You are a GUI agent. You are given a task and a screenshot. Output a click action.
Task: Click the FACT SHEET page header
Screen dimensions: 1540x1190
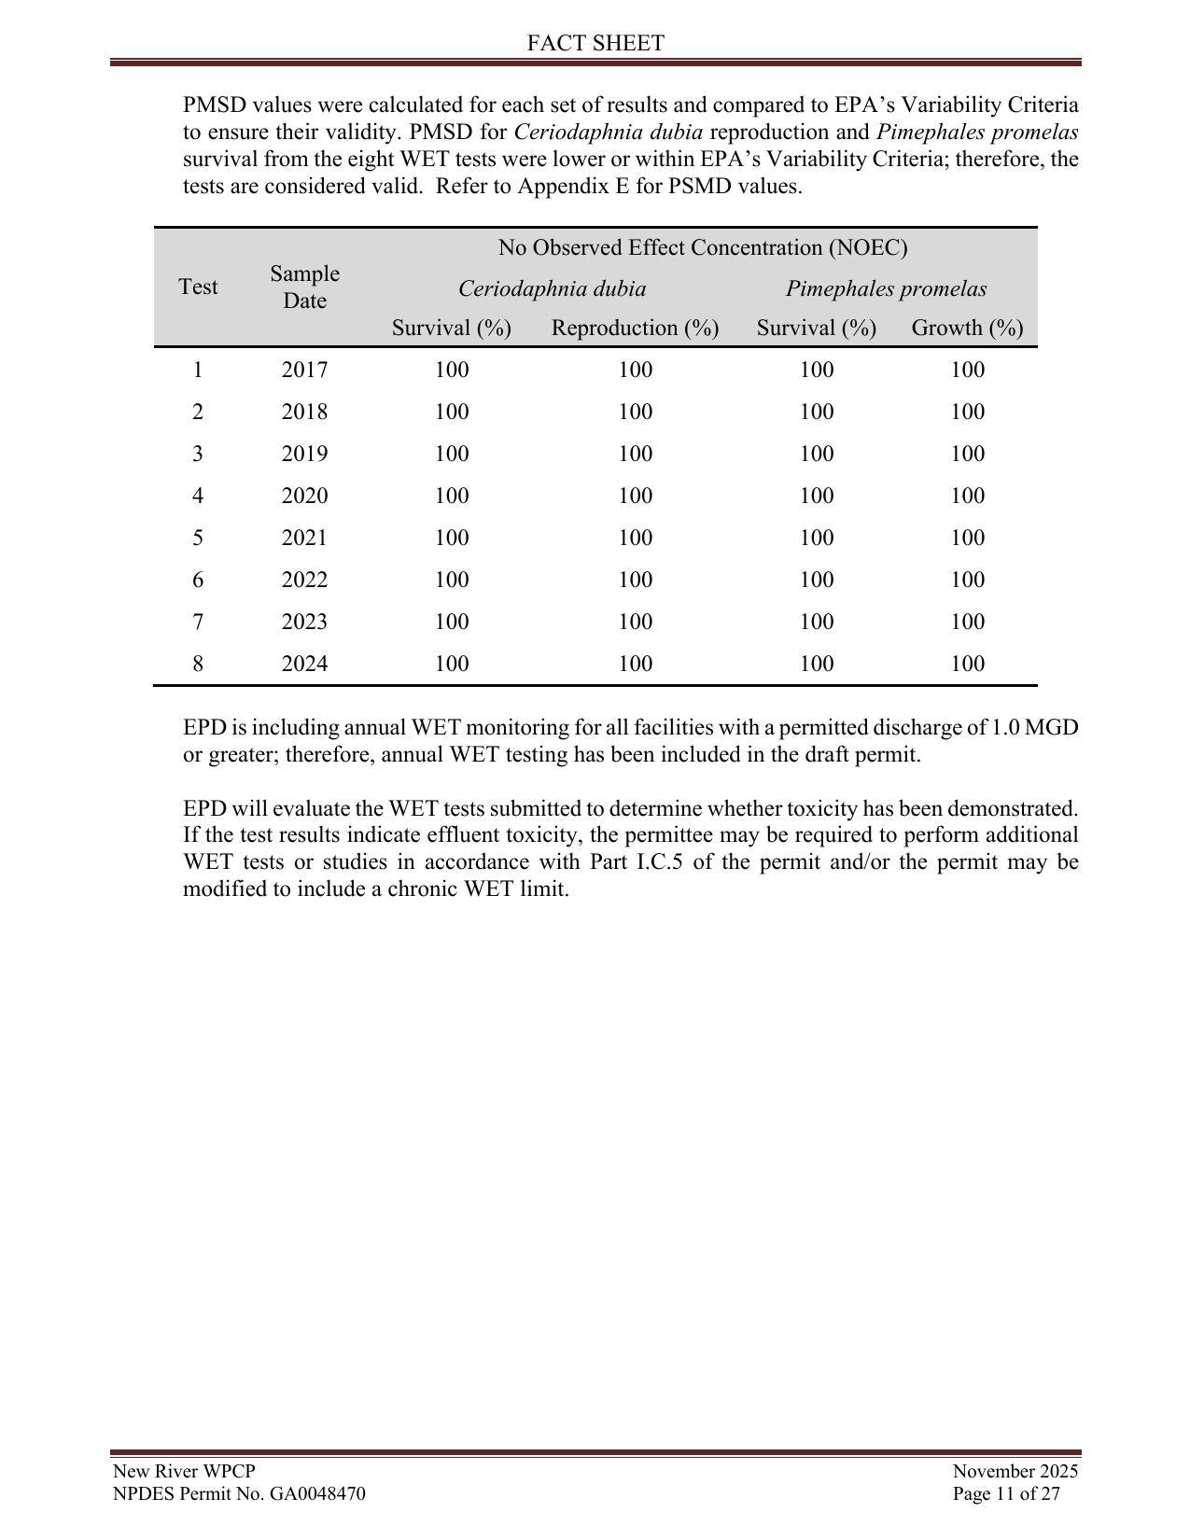tap(595, 43)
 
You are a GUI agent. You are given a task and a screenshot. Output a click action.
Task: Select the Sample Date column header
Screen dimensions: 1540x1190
tap(304, 287)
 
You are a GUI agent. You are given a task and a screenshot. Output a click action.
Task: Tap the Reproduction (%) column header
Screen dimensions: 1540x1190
tap(635, 328)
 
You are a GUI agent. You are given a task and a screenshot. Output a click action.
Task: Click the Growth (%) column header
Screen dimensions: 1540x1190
tap(967, 328)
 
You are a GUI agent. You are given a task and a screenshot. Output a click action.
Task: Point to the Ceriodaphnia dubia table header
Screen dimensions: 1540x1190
tap(552, 288)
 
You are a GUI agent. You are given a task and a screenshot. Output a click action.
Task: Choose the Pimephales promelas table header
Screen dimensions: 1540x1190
tap(886, 288)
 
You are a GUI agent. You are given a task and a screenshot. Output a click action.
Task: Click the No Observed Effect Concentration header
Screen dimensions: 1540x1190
tap(702, 247)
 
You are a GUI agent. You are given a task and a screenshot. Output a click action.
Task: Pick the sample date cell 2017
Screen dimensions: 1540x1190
tap(304, 370)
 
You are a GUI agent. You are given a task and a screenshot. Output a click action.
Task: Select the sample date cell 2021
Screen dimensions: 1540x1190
tap(304, 538)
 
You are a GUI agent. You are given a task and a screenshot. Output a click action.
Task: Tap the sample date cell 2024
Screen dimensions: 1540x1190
tap(304, 664)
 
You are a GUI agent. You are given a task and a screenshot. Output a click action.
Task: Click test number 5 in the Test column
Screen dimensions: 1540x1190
tap(198, 538)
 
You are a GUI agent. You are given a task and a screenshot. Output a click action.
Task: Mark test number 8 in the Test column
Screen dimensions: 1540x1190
tap(198, 664)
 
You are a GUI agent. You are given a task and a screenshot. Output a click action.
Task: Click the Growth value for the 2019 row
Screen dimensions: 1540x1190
tap(967, 454)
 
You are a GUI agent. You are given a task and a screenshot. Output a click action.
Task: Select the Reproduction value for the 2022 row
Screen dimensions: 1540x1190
tap(635, 580)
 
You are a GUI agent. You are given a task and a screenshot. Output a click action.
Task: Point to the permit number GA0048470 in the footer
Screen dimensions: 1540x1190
tap(317, 1493)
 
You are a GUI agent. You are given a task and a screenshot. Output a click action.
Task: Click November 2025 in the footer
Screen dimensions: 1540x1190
tap(1015, 1471)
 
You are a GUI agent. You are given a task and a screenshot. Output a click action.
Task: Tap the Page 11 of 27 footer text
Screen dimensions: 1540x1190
tap(1006, 1493)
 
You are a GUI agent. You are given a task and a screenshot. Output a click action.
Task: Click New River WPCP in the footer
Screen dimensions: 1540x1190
tap(184, 1471)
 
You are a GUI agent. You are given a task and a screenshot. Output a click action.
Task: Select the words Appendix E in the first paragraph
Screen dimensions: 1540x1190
tap(561, 186)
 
